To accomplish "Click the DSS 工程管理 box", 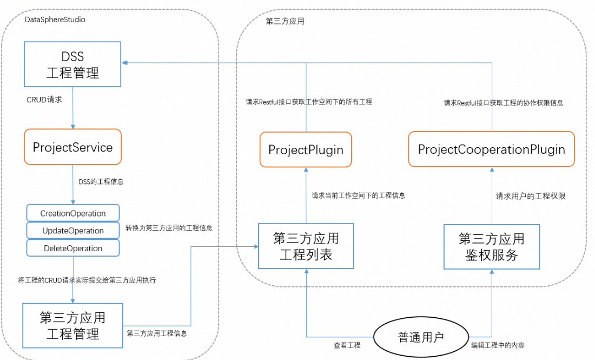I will coord(72,64).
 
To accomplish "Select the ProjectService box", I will coord(72,147).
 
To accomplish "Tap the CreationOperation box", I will coord(73,213).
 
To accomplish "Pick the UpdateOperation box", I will coord(73,231).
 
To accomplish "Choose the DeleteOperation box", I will coord(73,248).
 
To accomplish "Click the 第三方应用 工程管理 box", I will coord(72,325).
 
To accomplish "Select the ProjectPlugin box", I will coord(306,149).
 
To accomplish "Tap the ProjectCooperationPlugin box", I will coord(491,149).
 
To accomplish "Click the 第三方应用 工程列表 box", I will coord(306,246).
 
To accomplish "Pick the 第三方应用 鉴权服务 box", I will coord(491,247).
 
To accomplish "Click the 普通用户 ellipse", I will coord(421,337).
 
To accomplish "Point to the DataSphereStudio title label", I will coord(55,19).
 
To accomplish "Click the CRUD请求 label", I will coord(44,100).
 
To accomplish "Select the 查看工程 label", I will coord(347,345).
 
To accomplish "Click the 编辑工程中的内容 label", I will coord(497,345).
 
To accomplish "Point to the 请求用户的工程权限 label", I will coord(531,197).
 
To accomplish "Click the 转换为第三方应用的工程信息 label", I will coord(169,228).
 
